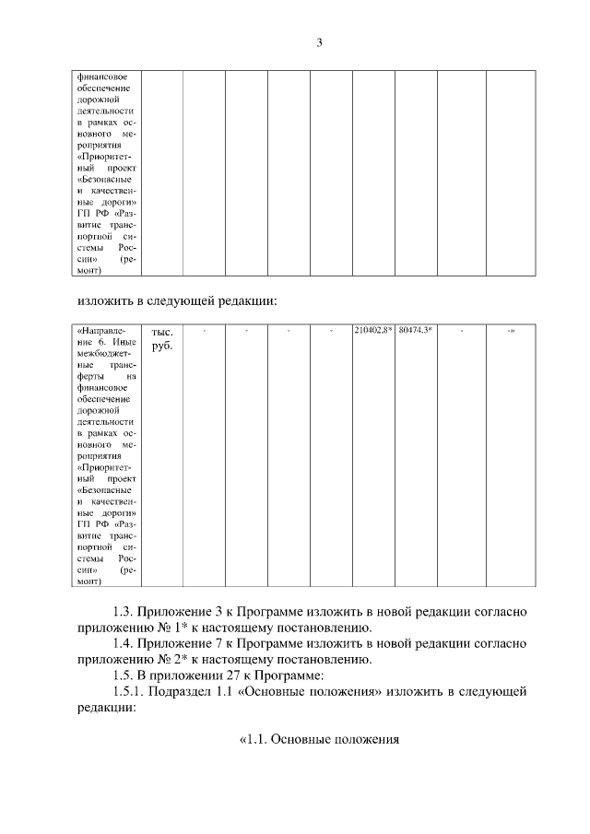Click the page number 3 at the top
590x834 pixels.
319,42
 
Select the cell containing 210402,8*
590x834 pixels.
373,330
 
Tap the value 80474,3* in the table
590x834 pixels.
416,330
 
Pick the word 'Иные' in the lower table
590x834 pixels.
125,341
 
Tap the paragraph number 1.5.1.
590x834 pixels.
128,691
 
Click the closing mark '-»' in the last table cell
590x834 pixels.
510,330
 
